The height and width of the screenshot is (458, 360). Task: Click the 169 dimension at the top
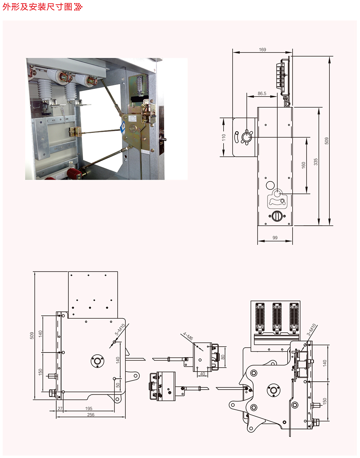(262, 50)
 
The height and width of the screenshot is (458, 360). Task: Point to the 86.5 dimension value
(262, 94)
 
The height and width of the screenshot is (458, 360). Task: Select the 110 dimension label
(224, 137)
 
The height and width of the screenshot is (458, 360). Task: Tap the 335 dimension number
(316, 162)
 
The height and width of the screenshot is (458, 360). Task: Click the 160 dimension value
(303, 165)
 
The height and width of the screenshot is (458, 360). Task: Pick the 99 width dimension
(275, 238)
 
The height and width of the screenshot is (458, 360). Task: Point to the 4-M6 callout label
(188, 337)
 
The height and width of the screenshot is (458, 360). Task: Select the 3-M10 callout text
(312, 330)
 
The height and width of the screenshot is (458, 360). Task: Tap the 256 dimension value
(91, 415)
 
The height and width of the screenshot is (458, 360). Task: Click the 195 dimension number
(89, 409)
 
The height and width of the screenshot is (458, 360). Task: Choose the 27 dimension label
(60, 409)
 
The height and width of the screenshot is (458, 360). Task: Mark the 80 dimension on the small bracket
(223, 357)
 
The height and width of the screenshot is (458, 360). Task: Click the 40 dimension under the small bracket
(202, 374)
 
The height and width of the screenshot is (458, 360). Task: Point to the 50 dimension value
(118, 385)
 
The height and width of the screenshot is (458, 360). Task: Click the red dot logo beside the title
(78, 7)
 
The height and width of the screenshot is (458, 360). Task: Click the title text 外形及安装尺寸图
(37, 7)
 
